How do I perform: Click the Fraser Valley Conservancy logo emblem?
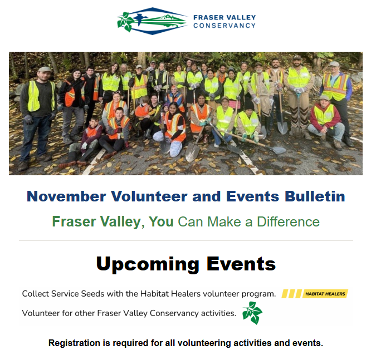[152, 21]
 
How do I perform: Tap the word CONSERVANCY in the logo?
[224, 26]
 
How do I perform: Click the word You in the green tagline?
[161, 222]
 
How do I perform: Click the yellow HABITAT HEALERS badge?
[315, 294]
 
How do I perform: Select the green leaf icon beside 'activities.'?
[252, 313]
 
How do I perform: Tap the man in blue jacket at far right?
[336, 100]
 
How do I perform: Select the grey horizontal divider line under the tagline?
[186, 240]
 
